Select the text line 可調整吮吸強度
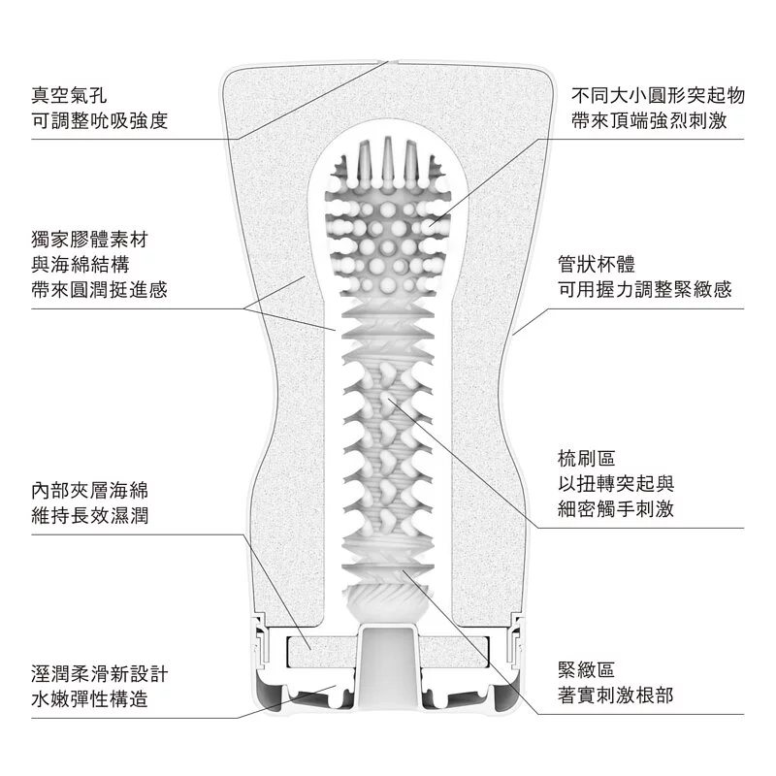(100, 121)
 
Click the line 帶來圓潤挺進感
(100, 289)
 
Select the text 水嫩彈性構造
(89, 698)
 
